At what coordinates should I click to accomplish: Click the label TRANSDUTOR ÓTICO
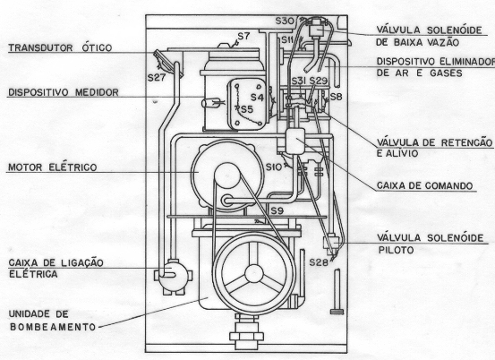click(x=60, y=47)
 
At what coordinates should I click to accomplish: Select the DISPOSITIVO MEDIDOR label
click(x=64, y=92)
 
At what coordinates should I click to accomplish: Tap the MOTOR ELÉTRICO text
click(x=53, y=167)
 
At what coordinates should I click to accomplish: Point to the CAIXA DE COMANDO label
click(x=424, y=185)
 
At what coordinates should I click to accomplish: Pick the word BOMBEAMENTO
click(x=53, y=327)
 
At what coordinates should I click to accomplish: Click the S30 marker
click(x=285, y=21)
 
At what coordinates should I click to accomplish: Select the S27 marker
click(x=157, y=78)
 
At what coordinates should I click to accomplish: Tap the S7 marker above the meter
click(x=243, y=37)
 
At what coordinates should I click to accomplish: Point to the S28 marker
click(x=319, y=262)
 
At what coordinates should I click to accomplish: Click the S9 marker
click(x=277, y=210)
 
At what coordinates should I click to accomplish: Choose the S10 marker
click(x=273, y=167)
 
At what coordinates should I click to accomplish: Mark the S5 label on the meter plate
click(x=247, y=109)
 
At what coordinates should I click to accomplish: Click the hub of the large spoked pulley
click(x=254, y=273)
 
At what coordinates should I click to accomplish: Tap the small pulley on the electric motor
click(x=227, y=176)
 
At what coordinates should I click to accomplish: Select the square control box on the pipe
click(x=294, y=141)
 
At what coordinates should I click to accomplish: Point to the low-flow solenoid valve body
click(x=317, y=30)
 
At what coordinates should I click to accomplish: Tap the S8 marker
click(x=336, y=97)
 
